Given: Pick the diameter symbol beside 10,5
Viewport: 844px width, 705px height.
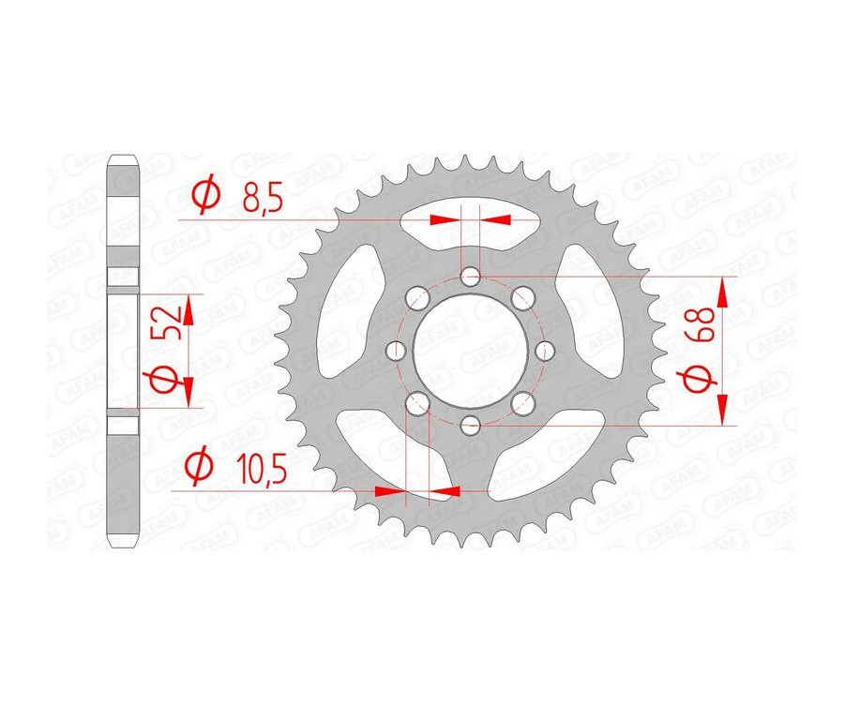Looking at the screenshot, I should click(198, 466).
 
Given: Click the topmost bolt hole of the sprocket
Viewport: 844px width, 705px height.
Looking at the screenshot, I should click(471, 276).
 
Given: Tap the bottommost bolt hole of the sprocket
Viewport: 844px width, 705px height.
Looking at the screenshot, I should click(471, 425).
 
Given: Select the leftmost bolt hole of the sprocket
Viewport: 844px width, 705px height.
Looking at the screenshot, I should click(397, 351).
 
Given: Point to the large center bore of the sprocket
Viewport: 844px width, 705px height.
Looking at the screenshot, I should click(471, 351).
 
